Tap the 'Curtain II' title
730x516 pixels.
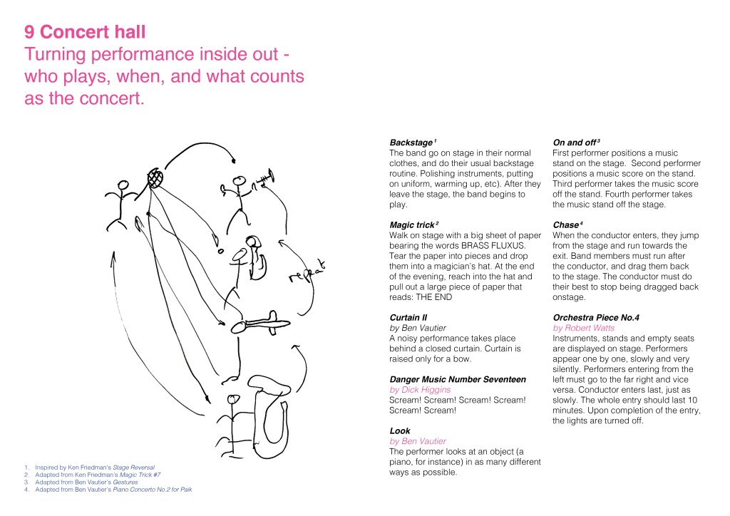coord(409,317)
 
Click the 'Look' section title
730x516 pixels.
coord(399,430)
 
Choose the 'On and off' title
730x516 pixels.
coord(575,143)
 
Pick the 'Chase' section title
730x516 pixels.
coord(567,225)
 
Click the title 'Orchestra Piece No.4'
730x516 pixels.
coord(597,317)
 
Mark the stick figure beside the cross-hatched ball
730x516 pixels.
coord(122,199)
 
